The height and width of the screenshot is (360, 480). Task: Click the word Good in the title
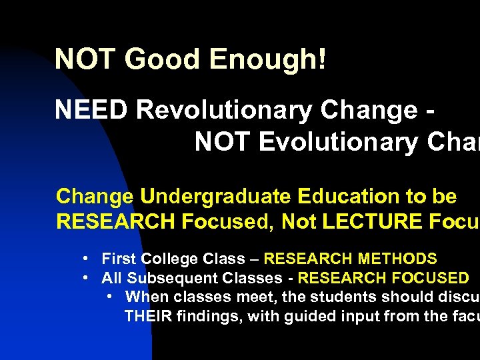[x=163, y=59]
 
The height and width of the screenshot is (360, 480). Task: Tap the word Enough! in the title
[x=267, y=59]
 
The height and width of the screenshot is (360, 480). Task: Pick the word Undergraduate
[x=216, y=197]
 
